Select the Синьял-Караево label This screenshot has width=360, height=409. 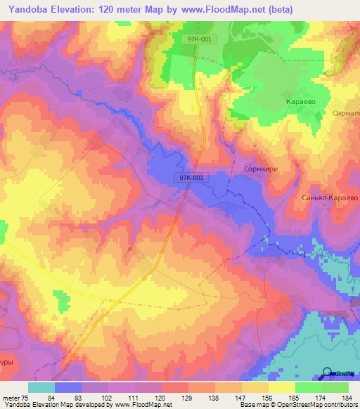click(x=330, y=198)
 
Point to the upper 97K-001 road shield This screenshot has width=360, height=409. click(x=202, y=40)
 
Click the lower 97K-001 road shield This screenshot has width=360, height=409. click(x=191, y=178)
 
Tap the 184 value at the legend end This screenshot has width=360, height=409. click(x=345, y=397)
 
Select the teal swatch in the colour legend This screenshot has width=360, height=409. click(x=41, y=387)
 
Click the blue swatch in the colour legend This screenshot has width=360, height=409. click(x=68, y=387)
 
